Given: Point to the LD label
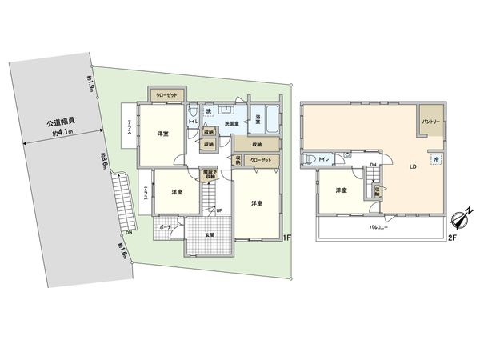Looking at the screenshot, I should tap(413, 168).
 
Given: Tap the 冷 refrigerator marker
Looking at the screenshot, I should tap(435, 160).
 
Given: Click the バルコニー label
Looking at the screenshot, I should tap(378, 227).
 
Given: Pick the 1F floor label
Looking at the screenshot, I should tap(289, 238).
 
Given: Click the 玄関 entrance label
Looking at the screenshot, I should tap(210, 234).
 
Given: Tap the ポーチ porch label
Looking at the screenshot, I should tap(166, 228).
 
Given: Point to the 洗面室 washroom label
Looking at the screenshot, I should tap(232, 124).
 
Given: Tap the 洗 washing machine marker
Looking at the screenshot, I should tap(207, 111).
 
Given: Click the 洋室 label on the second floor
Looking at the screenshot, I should tap(342, 190).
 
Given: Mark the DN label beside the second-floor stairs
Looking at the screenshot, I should tap(373, 166).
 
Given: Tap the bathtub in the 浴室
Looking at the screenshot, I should tap(270, 120).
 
